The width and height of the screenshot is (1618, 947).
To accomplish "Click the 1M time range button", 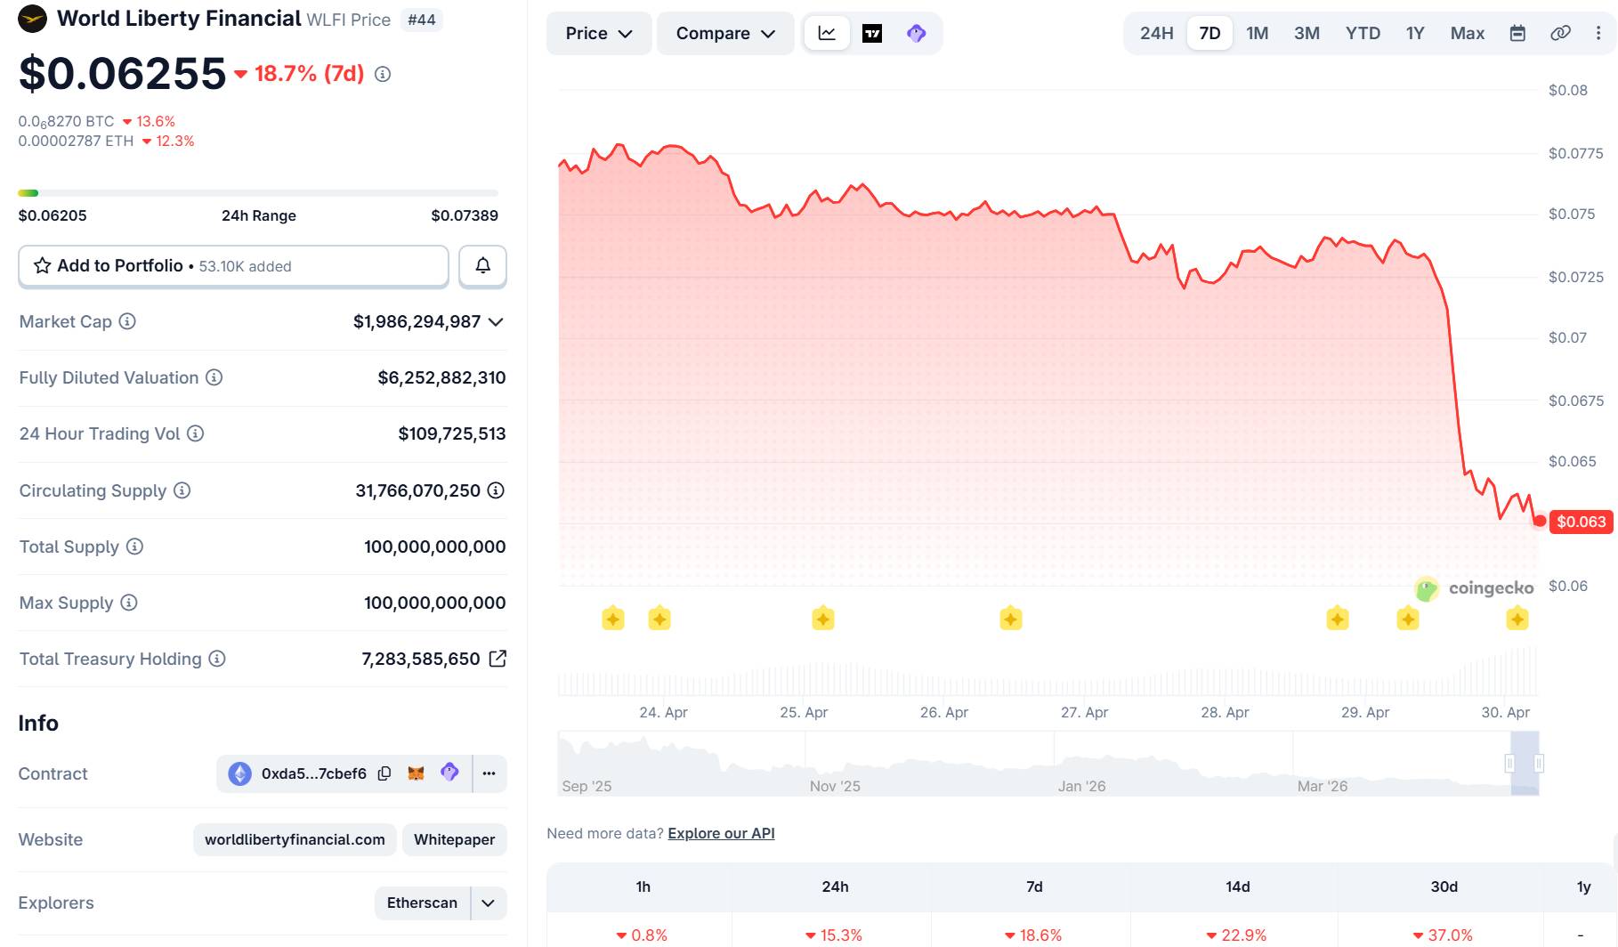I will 1257,33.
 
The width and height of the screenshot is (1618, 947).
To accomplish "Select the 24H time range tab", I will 1156,33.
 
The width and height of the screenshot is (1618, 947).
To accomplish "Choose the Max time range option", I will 1467,33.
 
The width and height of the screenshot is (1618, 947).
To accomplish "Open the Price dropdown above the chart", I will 599,33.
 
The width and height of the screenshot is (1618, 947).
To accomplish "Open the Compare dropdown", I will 725,33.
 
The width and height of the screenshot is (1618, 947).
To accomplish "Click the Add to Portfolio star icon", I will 42,265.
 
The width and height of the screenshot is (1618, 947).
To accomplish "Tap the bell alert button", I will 482,265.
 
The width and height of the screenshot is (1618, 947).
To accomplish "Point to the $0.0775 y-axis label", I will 1575,153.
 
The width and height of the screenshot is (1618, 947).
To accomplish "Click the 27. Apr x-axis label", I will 1084,712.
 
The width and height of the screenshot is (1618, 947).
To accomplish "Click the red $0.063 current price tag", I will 1581,522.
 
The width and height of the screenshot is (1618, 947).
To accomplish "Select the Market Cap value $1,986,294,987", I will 417,321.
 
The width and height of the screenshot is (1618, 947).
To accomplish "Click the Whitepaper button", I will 454,839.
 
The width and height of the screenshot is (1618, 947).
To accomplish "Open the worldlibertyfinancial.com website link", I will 295,839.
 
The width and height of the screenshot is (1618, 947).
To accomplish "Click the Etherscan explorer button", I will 422,902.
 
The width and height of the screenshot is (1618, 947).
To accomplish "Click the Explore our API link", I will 721,833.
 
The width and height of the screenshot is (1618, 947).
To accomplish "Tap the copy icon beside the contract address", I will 384,773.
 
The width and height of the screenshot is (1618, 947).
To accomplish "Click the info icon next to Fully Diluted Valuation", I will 214,377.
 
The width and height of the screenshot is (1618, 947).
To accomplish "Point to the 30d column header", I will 1444,886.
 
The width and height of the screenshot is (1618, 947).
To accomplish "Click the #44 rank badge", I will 422,20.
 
